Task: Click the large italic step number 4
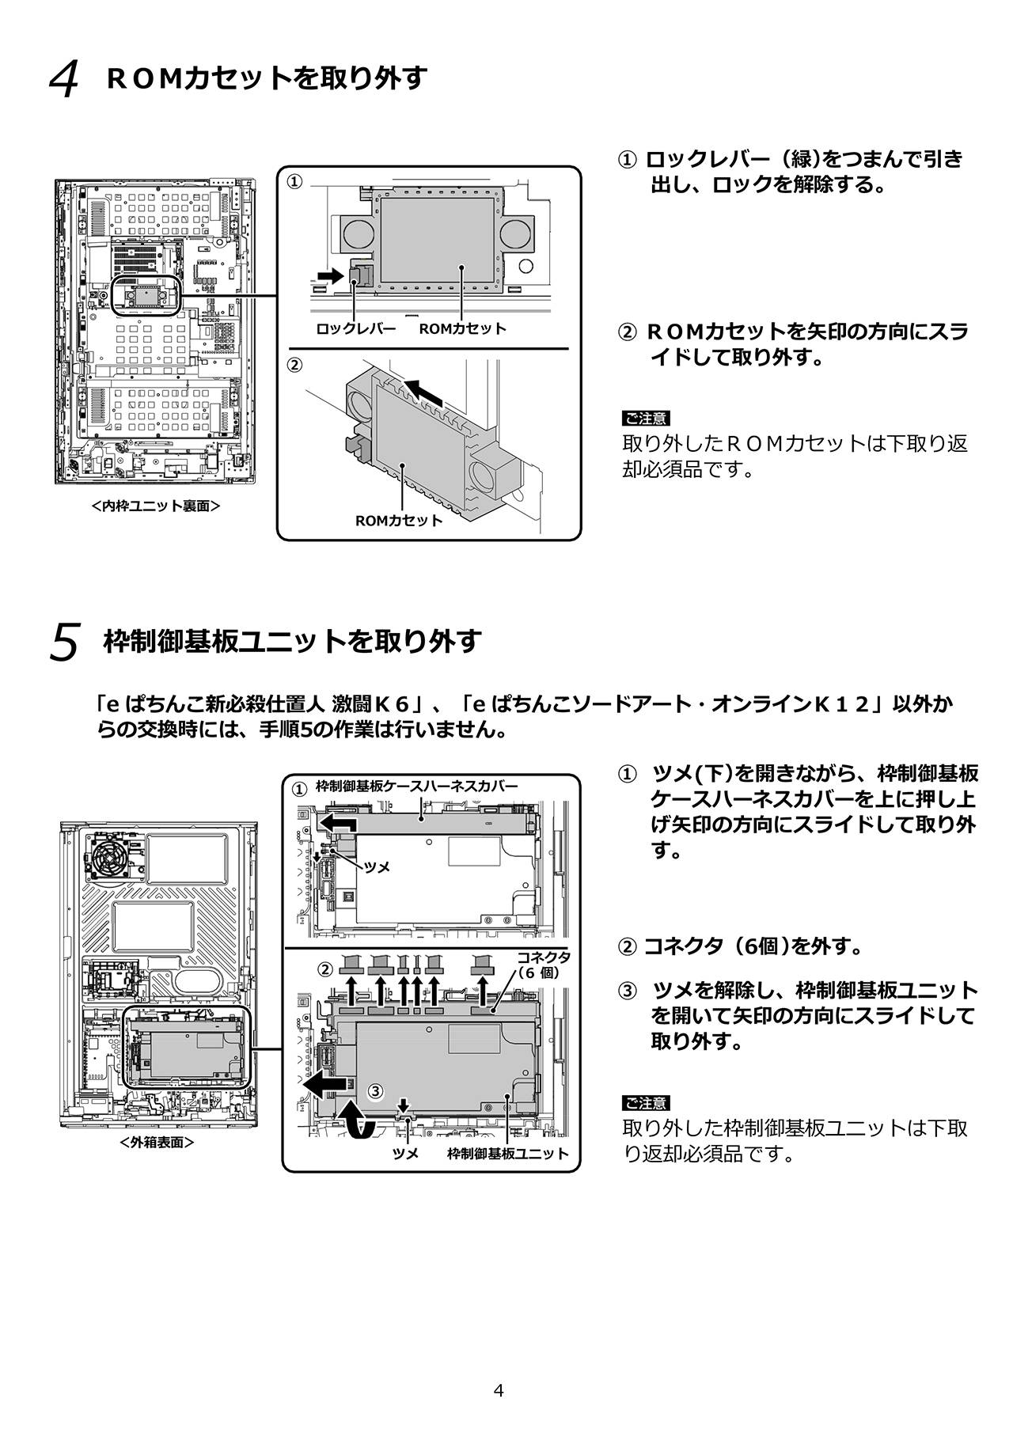(x=64, y=80)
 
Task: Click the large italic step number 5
(x=64, y=642)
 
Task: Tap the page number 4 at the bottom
(x=499, y=1389)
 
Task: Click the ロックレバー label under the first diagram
(x=355, y=328)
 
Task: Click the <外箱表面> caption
(x=157, y=1143)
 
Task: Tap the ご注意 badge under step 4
(x=646, y=418)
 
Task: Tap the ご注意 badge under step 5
(x=646, y=1103)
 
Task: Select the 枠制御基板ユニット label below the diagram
(x=507, y=1154)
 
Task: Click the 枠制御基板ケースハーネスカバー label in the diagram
(x=416, y=786)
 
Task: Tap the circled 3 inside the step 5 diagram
(x=377, y=1091)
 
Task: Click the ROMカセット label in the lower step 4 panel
(x=399, y=521)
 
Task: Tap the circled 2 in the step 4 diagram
(x=294, y=366)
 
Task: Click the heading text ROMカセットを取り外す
(x=267, y=78)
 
